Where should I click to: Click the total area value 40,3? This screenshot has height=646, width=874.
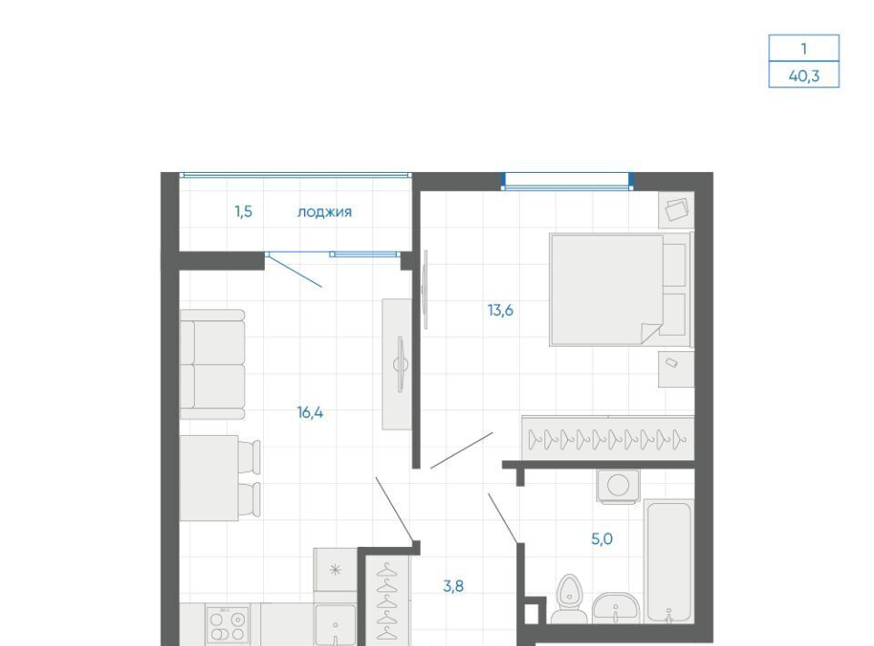804,76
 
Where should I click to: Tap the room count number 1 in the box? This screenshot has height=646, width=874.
804,49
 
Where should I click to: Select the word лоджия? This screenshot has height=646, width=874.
324,212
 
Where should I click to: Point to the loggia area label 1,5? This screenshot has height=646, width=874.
244,212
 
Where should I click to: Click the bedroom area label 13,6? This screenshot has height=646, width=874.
501,310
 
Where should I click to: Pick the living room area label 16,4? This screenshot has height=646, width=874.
310,413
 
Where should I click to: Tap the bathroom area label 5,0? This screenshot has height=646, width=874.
602,539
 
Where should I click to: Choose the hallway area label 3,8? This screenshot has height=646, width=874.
453,586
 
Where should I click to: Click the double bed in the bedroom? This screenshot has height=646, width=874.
620,289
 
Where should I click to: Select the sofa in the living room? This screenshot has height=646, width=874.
212,364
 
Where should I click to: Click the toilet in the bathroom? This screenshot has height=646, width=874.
569,600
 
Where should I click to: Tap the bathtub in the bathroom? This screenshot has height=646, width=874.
668,561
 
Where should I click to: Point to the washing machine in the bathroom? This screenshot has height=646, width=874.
618,486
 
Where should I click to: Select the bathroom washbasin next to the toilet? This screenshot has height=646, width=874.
615,608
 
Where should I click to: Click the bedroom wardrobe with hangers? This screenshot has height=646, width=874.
608,439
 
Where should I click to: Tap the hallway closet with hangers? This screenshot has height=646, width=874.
387,601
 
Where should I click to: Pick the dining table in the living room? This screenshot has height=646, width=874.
209,478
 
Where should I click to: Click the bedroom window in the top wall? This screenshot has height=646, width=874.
567,182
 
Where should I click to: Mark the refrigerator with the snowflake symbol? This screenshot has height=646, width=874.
335,570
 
